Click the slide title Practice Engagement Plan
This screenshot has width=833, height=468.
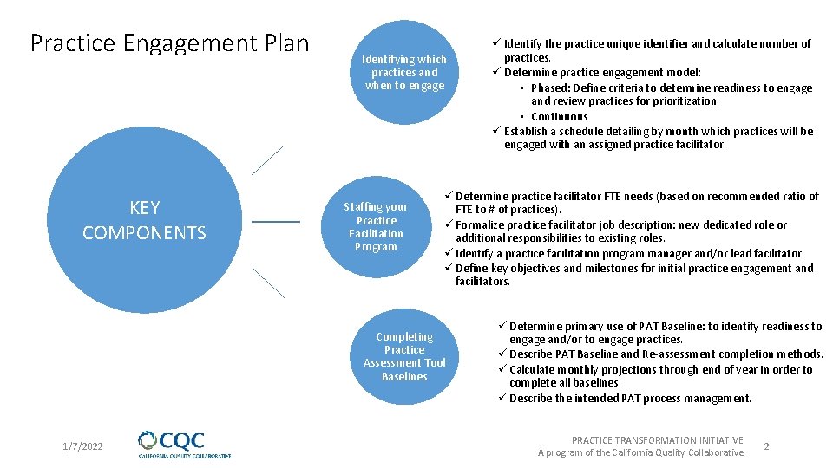tap(169, 43)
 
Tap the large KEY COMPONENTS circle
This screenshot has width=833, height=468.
tap(144, 219)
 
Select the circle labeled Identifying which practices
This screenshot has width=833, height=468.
tap(404, 72)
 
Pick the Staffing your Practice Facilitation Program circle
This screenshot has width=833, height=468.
tap(376, 226)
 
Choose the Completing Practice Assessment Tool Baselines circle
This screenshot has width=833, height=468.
tap(404, 356)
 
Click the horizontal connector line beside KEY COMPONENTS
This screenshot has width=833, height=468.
tap(275, 222)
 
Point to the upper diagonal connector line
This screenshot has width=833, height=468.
tap(267, 160)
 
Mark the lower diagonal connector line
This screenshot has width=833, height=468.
tap(268, 283)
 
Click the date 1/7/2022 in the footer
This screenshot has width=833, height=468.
tap(82, 446)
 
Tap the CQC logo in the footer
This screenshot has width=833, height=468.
tap(184, 444)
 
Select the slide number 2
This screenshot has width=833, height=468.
tap(766, 445)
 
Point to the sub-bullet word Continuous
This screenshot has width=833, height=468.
tap(559, 116)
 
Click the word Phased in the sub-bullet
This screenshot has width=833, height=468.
tap(550, 88)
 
